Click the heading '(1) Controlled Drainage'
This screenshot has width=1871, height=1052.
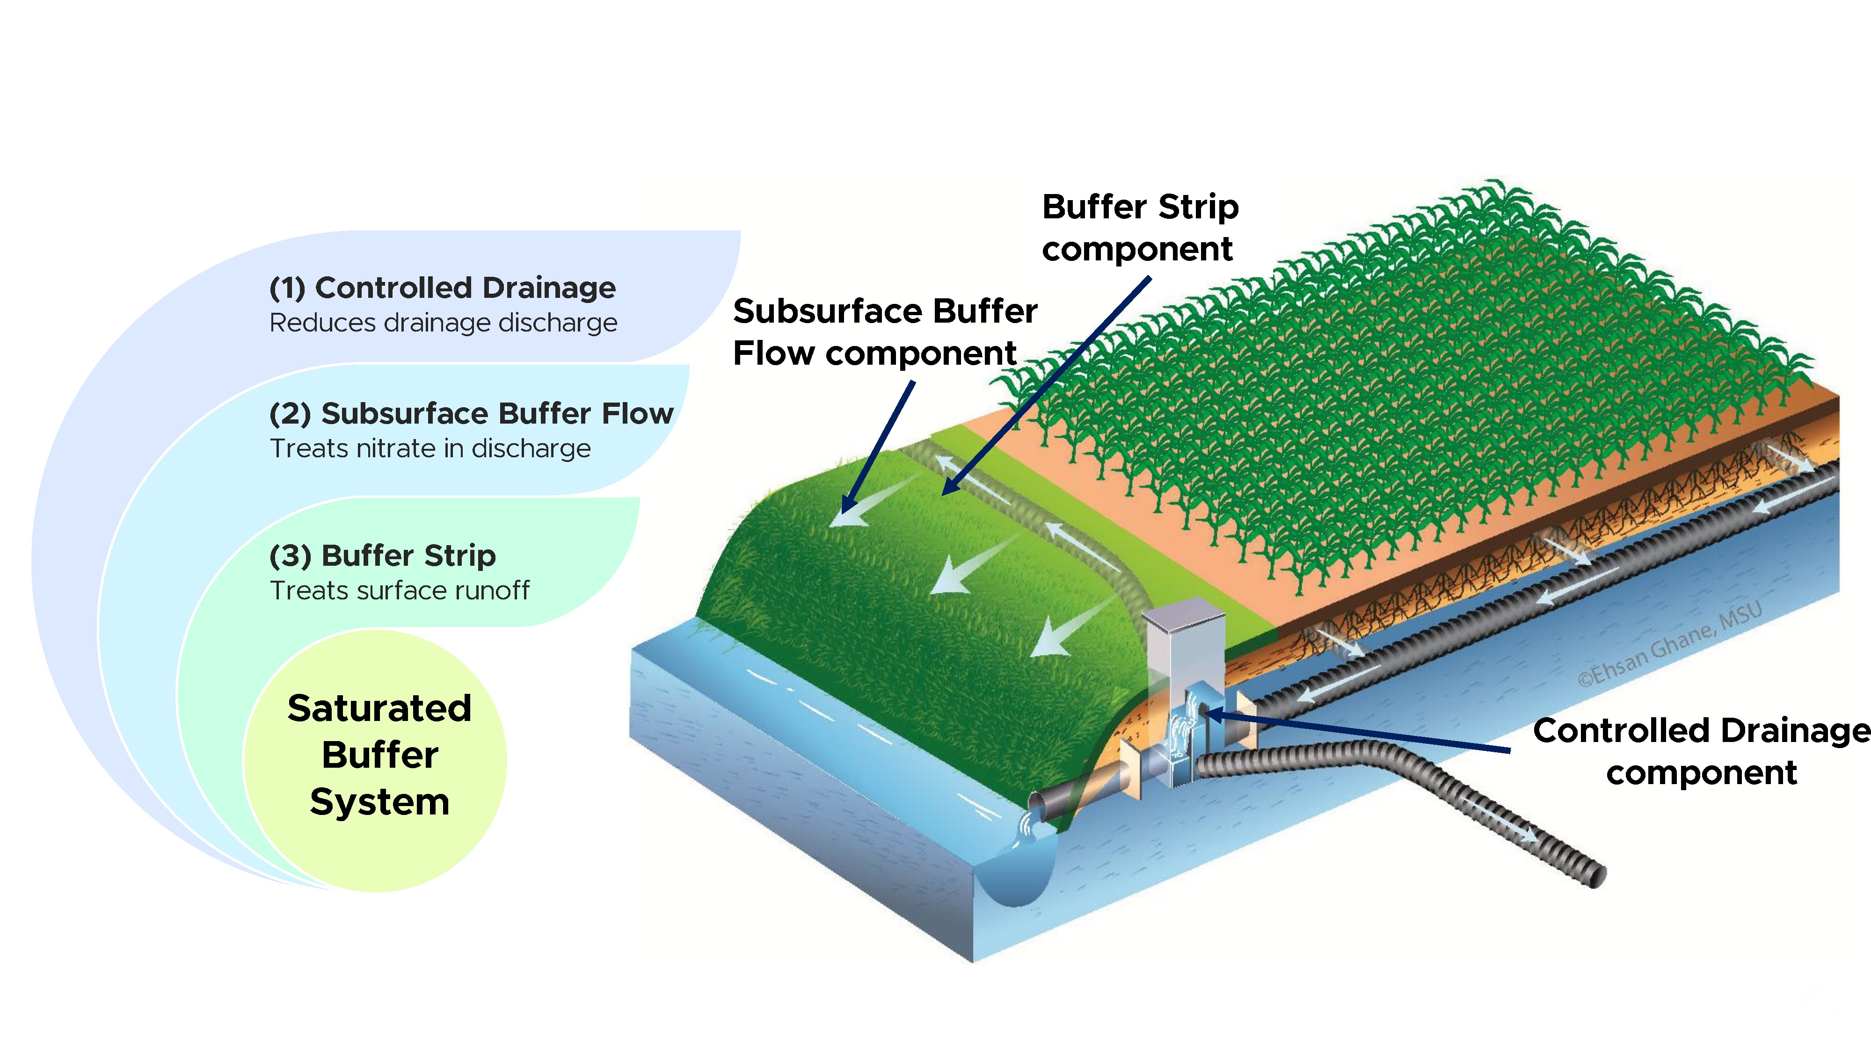(442, 288)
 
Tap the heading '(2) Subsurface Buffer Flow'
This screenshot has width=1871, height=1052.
(471, 413)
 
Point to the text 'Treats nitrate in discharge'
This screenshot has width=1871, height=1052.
(430, 449)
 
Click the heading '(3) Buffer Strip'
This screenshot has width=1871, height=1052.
(382, 555)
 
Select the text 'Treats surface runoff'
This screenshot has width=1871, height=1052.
(400, 590)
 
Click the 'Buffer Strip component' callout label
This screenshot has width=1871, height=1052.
(1140, 227)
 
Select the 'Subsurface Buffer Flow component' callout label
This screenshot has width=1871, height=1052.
(885, 332)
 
